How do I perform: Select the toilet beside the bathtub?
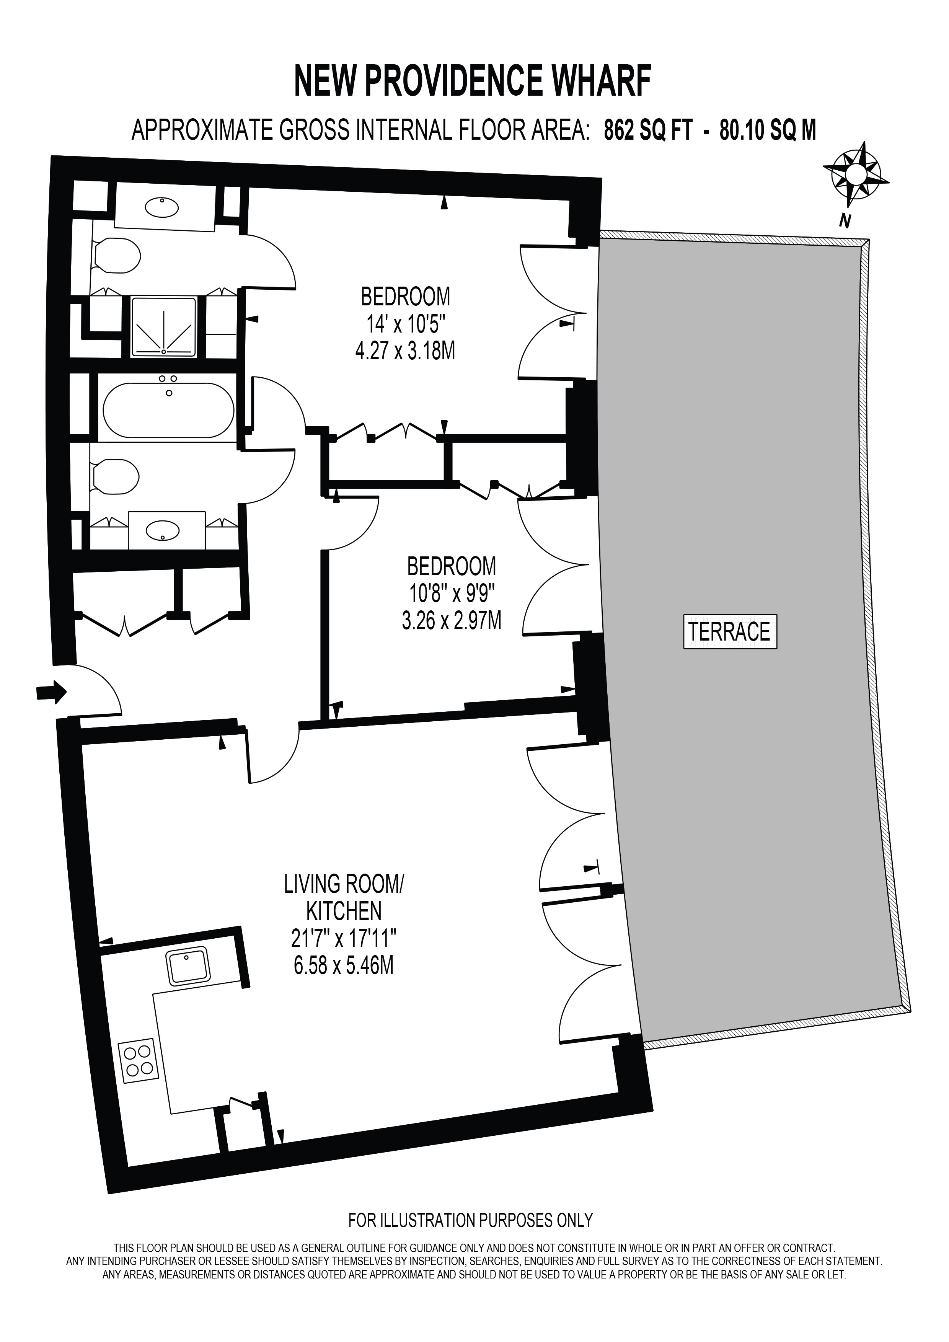coord(115,477)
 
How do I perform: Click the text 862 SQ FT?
coord(649,130)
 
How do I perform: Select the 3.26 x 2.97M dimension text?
coord(452,621)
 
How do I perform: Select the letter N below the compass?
coord(844,221)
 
